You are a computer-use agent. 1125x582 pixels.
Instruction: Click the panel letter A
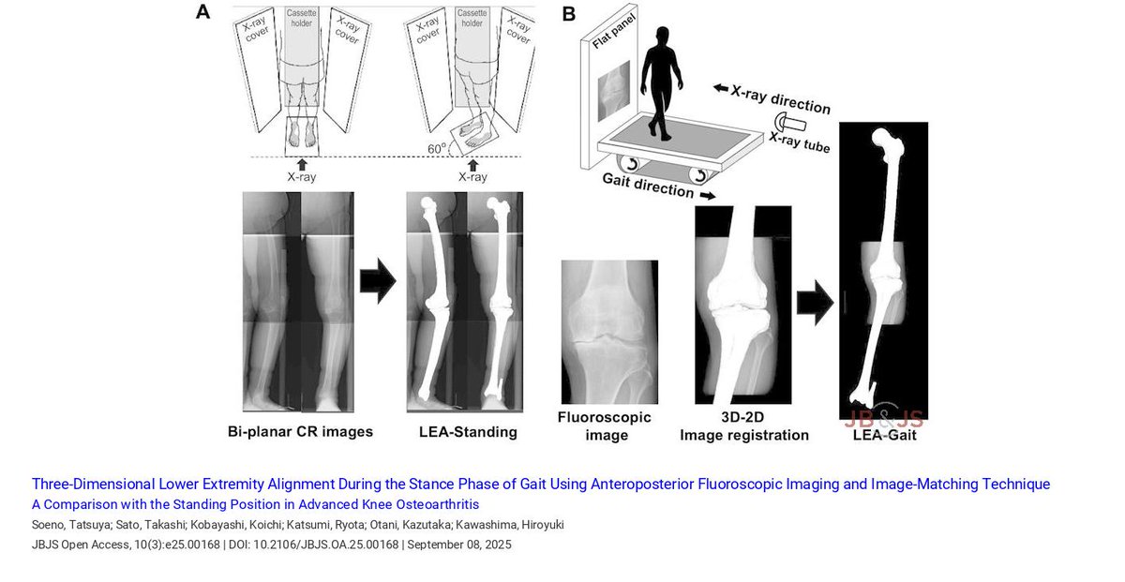(202, 13)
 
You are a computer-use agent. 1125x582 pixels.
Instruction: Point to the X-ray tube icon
(788, 124)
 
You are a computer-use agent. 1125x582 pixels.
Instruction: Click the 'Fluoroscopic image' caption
(604, 425)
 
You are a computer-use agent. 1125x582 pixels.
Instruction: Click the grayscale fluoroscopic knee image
(609, 331)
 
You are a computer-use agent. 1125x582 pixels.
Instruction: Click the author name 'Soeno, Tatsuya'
(67, 526)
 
